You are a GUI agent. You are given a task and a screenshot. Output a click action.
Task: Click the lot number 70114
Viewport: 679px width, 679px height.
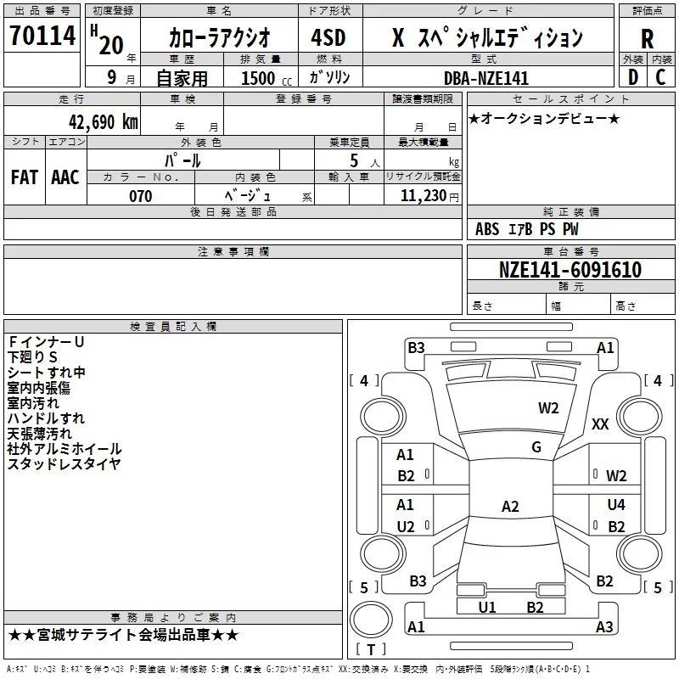click(42, 37)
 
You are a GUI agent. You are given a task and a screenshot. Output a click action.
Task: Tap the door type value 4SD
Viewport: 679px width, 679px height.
click(329, 38)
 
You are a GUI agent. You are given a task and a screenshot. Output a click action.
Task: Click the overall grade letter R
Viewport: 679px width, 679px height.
click(647, 39)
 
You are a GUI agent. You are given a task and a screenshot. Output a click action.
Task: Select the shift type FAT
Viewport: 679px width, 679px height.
click(24, 177)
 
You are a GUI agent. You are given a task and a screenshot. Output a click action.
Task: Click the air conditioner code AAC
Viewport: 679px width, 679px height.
click(65, 177)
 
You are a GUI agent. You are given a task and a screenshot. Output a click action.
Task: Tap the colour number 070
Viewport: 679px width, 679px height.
click(140, 196)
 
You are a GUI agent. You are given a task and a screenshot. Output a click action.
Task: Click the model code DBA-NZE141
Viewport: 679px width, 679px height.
click(486, 78)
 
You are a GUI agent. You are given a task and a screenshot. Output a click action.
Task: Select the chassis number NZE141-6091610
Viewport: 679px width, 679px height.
click(570, 270)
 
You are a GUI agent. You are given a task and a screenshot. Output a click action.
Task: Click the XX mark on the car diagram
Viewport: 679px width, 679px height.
click(600, 424)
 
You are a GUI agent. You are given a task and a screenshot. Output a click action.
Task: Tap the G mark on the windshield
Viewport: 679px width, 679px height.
click(536, 447)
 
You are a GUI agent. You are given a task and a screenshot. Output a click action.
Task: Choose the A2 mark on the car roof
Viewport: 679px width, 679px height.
click(510, 507)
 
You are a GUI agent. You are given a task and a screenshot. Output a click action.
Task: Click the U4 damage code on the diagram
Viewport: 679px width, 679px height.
click(616, 505)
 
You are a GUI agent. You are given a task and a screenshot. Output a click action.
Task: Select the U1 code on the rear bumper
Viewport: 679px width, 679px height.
click(487, 607)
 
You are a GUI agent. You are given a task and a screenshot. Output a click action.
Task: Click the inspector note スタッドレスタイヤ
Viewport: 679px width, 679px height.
click(64, 463)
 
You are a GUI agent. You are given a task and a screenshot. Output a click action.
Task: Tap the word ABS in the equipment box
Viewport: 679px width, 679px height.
click(487, 228)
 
